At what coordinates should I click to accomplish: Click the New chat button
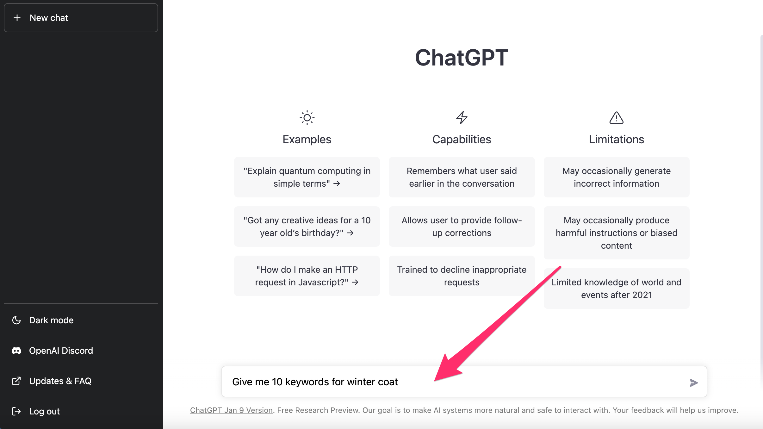(81, 18)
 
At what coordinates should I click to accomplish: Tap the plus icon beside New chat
(17, 18)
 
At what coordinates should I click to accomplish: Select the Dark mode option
(43, 320)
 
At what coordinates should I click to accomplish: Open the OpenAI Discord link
(52, 351)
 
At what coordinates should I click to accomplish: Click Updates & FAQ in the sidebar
(52, 381)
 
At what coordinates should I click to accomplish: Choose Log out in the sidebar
(36, 411)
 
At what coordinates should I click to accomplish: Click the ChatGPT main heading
(462, 58)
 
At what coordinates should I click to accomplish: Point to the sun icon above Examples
(307, 118)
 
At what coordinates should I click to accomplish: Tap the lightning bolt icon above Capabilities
(462, 118)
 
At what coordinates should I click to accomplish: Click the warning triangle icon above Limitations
(616, 118)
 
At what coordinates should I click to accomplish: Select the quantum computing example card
(307, 177)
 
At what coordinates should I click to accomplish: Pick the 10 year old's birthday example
(307, 227)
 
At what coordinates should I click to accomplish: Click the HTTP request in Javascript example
(307, 276)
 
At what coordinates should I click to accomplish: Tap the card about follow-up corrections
(462, 227)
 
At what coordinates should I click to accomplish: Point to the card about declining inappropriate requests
(462, 276)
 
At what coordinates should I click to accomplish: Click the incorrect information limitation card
(616, 177)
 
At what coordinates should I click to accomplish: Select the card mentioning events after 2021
(616, 289)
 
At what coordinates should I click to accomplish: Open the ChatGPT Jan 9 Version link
(231, 410)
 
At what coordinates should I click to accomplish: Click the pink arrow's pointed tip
(435, 381)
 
